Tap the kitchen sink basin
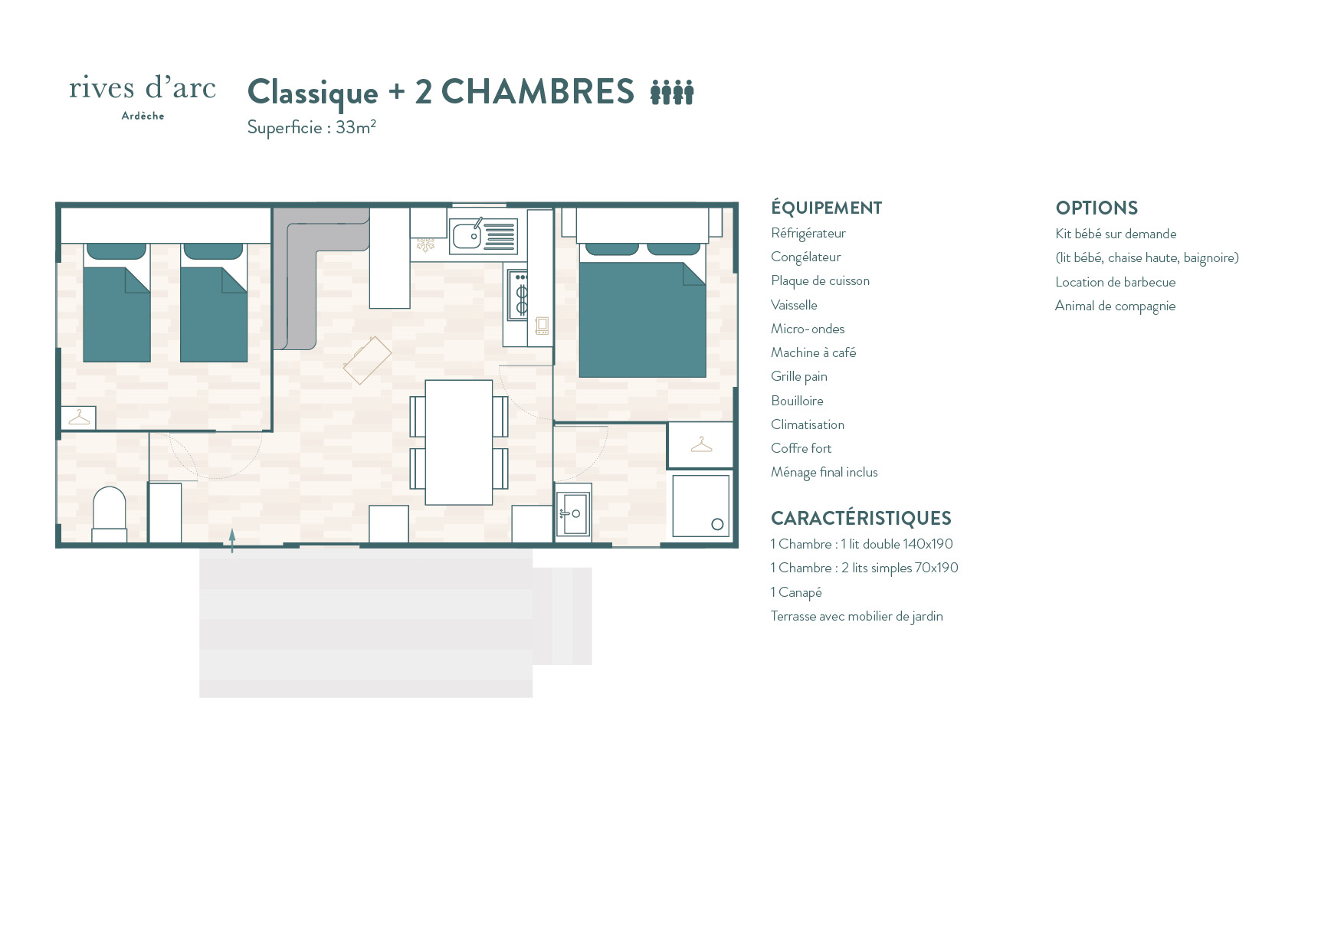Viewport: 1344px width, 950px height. (x=467, y=236)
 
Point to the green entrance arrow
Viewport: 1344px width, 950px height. (x=232, y=540)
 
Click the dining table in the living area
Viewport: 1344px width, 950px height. (x=459, y=442)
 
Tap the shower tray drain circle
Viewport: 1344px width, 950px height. (x=717, y=525)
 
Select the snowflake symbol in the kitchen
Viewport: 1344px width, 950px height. (x=425, y=245)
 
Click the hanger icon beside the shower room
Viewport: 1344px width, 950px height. (x=701, y=445)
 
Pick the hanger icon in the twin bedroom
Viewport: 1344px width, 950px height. (x=79, y=418)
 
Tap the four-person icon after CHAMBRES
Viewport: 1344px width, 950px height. (x=672, y=92)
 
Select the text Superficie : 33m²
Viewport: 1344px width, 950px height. (x=311, y=127)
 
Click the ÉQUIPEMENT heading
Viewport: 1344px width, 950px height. (x=826, y=208)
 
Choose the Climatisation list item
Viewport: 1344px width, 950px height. (x=808, y=424)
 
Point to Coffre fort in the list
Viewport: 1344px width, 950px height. (x=801, y=448)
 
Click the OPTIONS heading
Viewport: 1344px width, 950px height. (x=1097, y=208)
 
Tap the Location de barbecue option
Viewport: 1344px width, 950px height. (x=1115, y=282)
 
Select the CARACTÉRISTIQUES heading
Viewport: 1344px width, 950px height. (x=860, y=518)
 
